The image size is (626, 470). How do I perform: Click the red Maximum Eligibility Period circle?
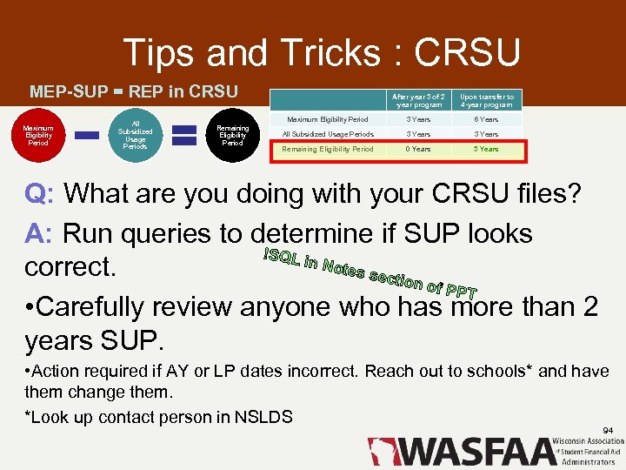[38, 135]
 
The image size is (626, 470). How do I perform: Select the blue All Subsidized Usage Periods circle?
[135, 135]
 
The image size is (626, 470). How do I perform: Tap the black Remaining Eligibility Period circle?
[232, 135]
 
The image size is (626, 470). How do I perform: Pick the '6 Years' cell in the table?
[487, 119]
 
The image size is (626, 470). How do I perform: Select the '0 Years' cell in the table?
[419, 149]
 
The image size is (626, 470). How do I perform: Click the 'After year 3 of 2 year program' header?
[418, 101]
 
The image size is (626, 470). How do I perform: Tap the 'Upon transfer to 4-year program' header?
[487, 101]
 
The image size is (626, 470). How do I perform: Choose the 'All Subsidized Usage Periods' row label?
[327, 134]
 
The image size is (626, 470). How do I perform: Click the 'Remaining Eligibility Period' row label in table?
[327, 149]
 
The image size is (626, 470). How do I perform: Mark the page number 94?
[607, 430]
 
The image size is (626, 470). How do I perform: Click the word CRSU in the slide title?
[468, 54]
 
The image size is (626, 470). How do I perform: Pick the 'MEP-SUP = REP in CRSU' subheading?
[134, 91]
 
